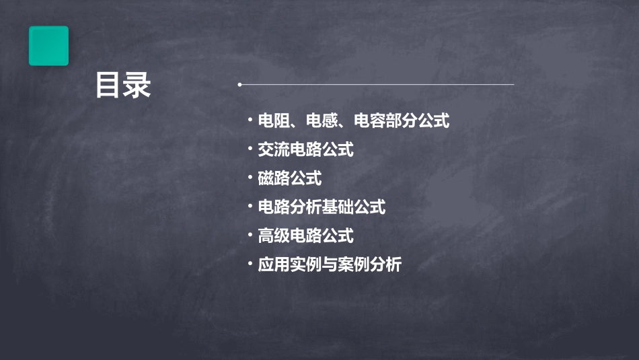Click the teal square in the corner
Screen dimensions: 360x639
pyautogui.click(x=48, y=46)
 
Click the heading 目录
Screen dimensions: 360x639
pyautogui.click(x=122, y=86)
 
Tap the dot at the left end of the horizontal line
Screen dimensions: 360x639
pyautogui.click(x=239, y=85)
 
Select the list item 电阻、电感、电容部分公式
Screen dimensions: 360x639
pyautogui.click(x=354, y=121)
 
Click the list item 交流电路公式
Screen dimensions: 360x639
pyautogui.click(x=305, y=149)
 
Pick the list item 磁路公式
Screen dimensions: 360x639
pyautogui.click(x=290, y=178)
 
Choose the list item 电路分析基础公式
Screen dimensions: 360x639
pyautogui.click(x=322, y=207)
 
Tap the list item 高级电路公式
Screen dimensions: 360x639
pyautogui.click(x=305, y=236)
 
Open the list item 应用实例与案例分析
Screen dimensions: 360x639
pyautogui.click(x=330, y=264)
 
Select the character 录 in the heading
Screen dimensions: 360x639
pyautogui.click(x=138, y=86)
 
